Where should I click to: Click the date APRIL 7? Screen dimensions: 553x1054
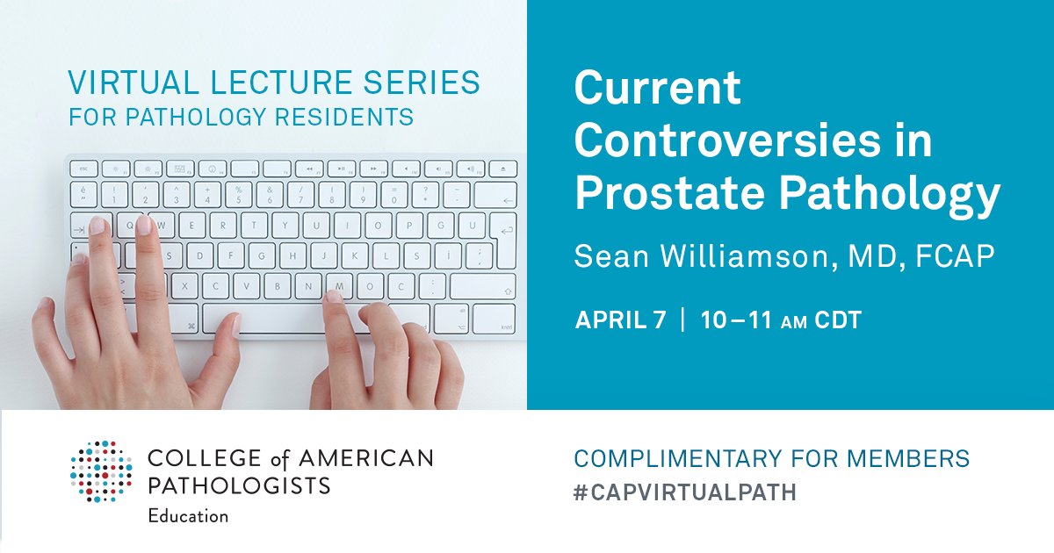point(620,320)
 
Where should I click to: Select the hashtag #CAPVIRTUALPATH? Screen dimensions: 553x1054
point(685,492)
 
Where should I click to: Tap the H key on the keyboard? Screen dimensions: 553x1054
point(289,256)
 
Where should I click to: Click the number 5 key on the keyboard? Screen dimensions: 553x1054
point(238,194)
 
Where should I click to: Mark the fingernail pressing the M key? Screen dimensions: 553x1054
point(335,297)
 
